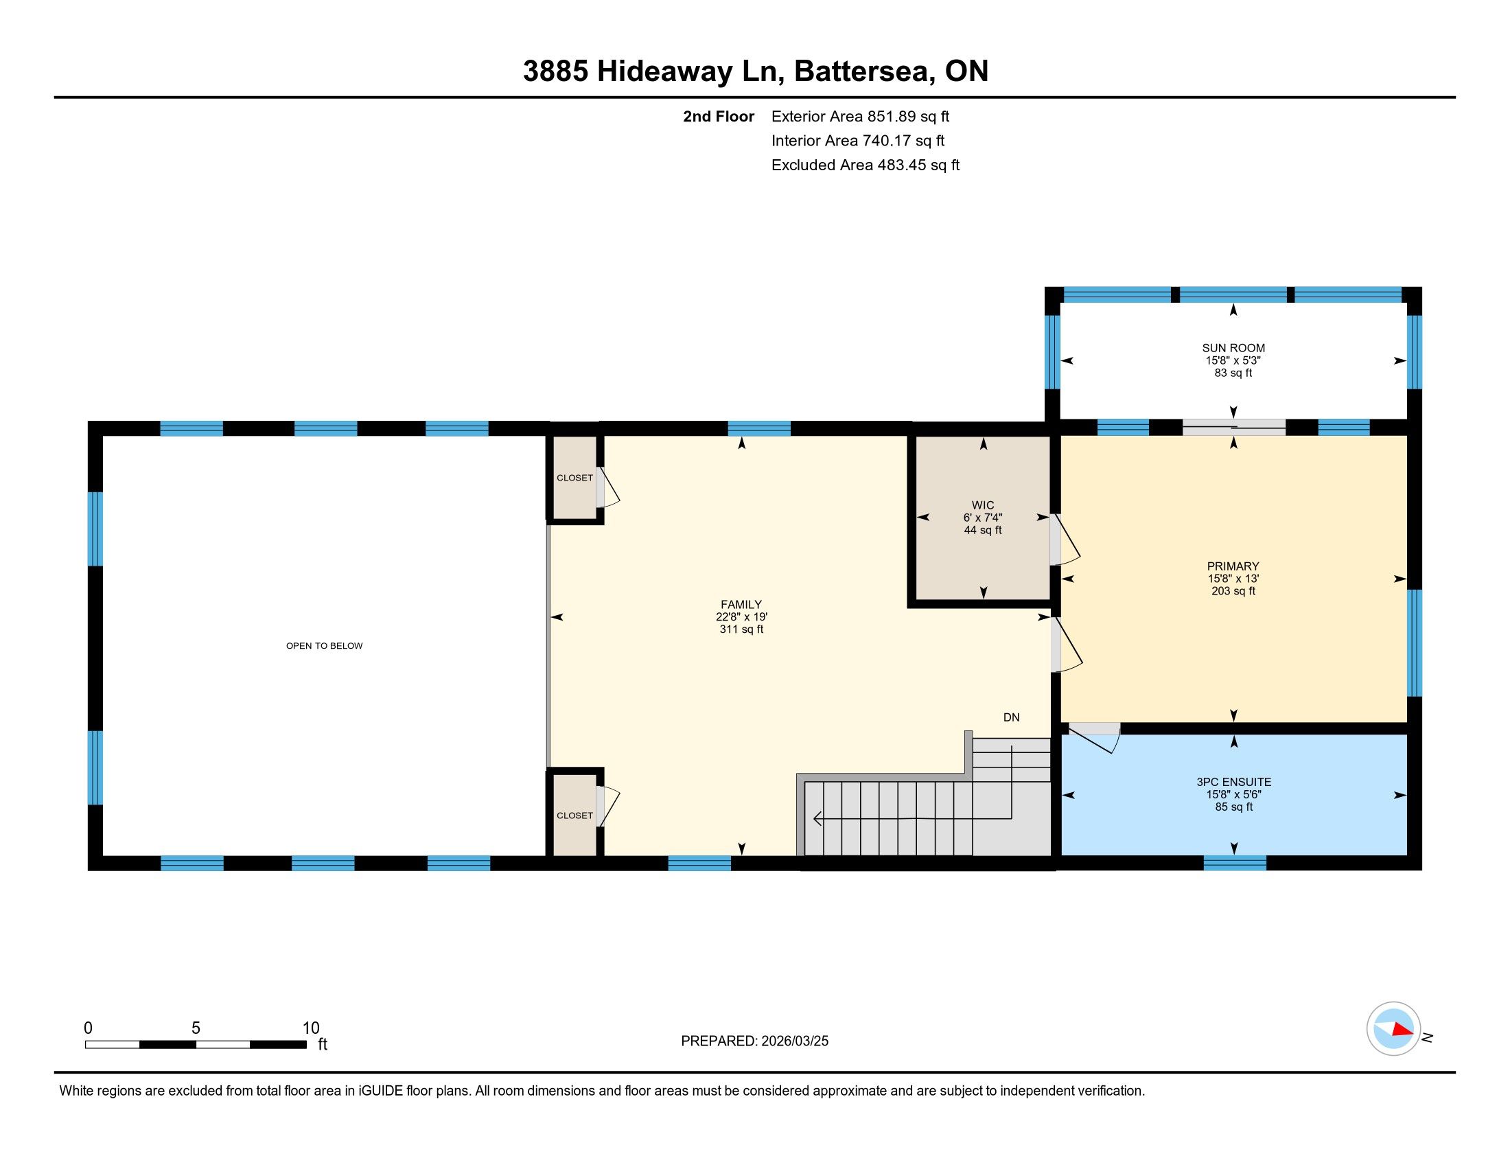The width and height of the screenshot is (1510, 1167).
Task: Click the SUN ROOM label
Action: [x=1233, y=348]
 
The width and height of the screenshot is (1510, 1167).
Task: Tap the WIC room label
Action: [x=982, y=505]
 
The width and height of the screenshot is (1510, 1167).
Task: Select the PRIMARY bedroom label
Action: [x=1233, y=566]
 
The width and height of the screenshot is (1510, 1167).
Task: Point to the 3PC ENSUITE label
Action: [x=1234, y=782]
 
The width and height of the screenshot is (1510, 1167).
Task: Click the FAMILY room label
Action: [x=741, y=604]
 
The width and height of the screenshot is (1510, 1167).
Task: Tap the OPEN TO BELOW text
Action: [x=324, y=646]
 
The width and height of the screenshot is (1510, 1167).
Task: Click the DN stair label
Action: [x=1012, y=717]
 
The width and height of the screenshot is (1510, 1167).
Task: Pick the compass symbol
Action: [x=1394, y=1029]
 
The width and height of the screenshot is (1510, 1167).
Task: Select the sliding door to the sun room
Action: [x=1234, y=427]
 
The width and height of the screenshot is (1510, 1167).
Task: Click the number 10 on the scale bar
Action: [x=311, y=1028]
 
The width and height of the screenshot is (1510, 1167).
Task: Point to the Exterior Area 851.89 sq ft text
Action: [x=860, y=116]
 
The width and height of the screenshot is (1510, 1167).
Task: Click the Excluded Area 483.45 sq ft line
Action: [x=866, y=165]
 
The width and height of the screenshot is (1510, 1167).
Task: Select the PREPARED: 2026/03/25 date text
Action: [x=754, y=1041]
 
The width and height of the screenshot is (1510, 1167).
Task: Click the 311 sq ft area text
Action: [x=741, y=629]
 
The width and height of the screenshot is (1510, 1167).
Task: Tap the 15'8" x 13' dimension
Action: [x=1233, y=579]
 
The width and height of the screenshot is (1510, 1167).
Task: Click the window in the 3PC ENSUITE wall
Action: [x=1235, y=863]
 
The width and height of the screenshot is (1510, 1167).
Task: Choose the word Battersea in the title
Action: [x=862, y=71]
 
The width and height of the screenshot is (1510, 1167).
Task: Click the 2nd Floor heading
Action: [x=719, y=116]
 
